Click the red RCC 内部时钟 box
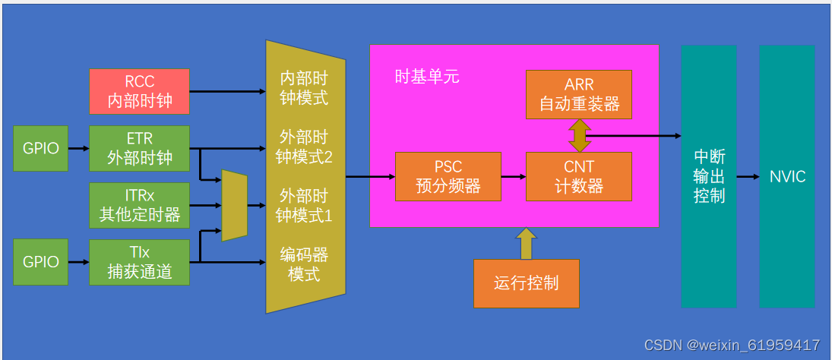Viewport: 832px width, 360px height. coord(139,91)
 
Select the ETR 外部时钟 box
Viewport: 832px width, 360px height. coord(139,149)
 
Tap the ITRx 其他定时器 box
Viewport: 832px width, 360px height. coord(139,205)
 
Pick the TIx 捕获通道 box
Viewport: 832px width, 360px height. coord(139,262)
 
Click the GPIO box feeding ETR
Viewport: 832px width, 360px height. coord(40,149)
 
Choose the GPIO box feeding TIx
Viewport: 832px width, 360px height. coord(40,262)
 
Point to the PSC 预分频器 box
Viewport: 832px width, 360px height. coord(448,176)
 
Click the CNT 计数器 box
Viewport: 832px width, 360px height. coord(578,176)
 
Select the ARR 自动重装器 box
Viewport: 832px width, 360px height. coord(578,94)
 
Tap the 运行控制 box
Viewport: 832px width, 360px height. coord(526,283)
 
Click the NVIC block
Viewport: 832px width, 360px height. coord(786,176)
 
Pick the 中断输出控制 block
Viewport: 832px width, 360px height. coord(709,176)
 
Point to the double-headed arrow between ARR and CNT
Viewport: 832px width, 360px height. coord(579,135)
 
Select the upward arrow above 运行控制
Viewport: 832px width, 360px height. coord(526,243)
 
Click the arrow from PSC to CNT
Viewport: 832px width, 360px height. coord(514,176)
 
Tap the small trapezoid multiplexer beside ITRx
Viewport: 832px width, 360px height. coord(234,205)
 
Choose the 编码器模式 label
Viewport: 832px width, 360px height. coord(303,264)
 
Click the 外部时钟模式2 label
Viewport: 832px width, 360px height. coord(303,147)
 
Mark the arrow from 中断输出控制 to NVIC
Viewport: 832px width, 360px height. coord(748,176)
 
